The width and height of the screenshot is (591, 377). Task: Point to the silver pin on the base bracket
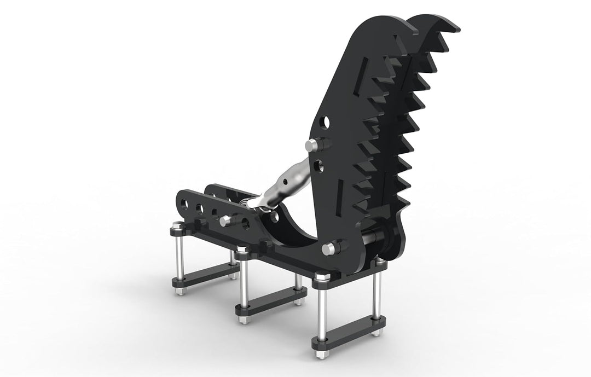click(x=225, y=221)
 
